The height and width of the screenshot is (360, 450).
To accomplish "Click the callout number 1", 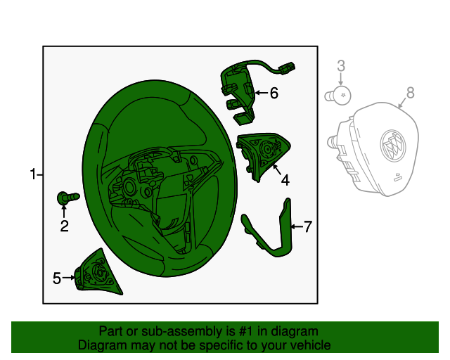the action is pos(33,174).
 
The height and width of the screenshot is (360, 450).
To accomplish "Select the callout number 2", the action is pos(64,226).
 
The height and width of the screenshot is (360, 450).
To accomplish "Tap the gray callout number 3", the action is pos(340,65).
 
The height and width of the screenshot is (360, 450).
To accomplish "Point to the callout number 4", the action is pos(285,180).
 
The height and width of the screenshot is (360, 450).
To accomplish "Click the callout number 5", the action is pos(57,278).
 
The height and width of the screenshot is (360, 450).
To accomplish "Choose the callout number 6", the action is pos(274,93).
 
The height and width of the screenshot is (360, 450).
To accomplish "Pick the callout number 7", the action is pos(308,226).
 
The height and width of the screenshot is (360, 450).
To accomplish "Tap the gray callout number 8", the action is pos(411,93).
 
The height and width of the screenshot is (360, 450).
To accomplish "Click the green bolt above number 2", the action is pos(68,198).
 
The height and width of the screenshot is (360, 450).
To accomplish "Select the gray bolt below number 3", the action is pos(338,96).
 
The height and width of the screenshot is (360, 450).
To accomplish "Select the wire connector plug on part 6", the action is pos(287,68).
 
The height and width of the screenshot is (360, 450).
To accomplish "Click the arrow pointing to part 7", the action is pos(297,227).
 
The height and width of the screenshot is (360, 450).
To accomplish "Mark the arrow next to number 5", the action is pos(69,278).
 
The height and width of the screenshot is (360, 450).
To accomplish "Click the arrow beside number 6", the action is pos(261,92).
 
